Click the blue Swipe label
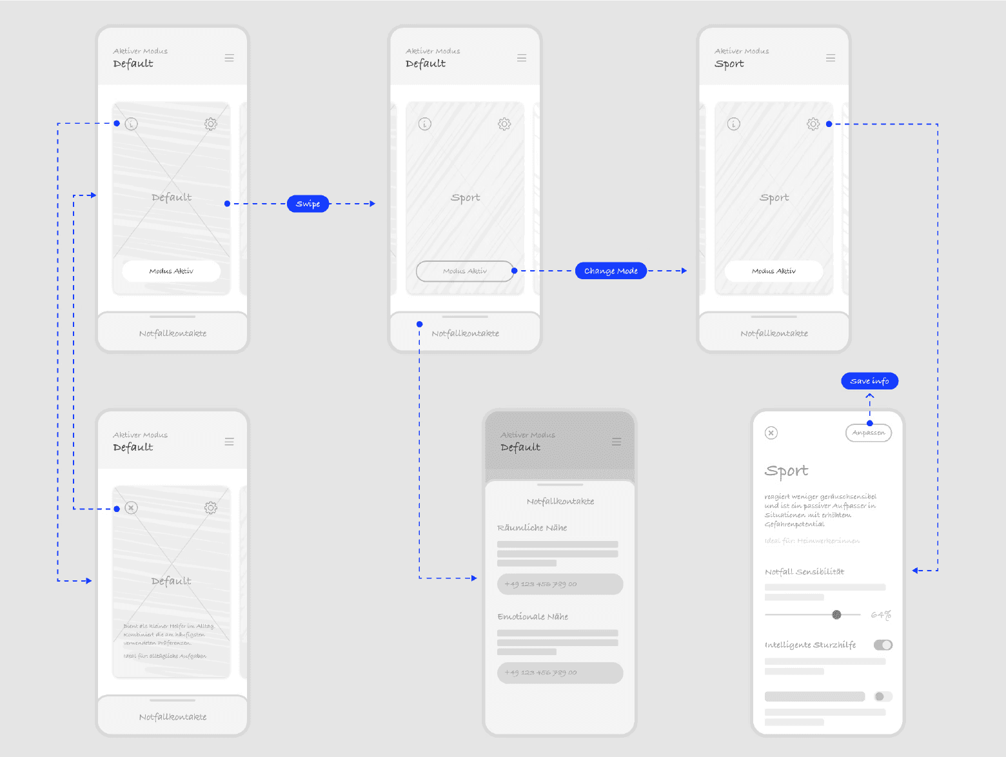coord(308,204)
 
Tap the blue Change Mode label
coord(611,271)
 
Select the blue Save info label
coord(869,381)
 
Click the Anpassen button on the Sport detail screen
coord(868,433)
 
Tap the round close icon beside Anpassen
coord(771,433)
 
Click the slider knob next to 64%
coord(836,614)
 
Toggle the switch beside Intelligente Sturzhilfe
coord(883,645)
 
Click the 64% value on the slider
coord(880,615)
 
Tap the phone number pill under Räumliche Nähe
coord(560,584)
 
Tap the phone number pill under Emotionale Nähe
coord(560,673)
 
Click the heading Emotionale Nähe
coord(533,616)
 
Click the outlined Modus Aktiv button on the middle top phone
coord(464,271)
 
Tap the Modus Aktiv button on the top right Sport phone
coord(773,271)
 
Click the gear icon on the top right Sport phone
coord(813,124)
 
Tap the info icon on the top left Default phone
coord(132,124)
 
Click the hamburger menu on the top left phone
coord(229,58)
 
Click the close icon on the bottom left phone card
coord(132,508)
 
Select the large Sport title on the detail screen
coord(786,471)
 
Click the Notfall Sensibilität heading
coord(804,571)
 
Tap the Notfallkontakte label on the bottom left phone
coord(173,717)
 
